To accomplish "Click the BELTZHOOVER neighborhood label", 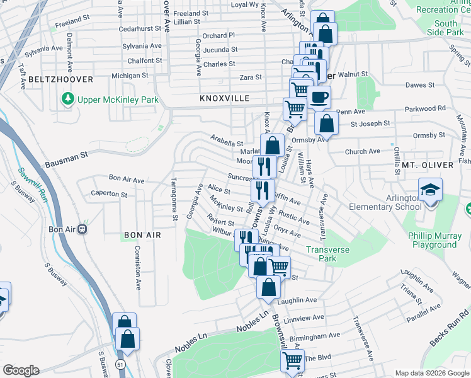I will coord(60,79).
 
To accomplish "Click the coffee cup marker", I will coord(319,98).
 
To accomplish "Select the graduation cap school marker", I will coord(430,190).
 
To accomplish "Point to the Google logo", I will coord(21,370).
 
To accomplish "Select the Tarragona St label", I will coord(174,199).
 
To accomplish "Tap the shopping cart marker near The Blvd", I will coord(292,360).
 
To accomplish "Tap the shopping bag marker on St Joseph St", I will coord(326,123).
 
